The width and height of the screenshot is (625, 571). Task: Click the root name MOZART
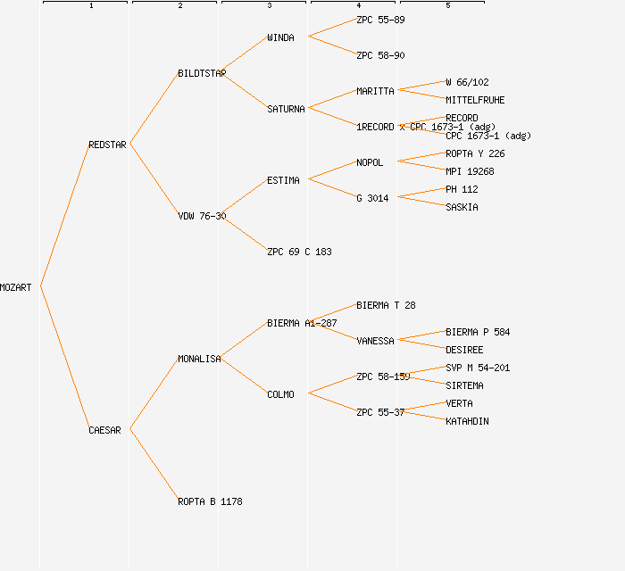16,287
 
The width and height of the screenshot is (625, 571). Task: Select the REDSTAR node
107,145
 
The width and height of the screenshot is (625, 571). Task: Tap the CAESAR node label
104,430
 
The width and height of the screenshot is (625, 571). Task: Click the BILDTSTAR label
202,73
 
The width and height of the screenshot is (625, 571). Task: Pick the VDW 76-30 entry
202,216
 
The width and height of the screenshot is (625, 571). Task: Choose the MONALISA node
199,359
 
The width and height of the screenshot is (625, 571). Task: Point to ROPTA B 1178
210,501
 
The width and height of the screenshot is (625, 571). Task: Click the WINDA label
280,37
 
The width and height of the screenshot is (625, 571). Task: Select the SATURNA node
286,109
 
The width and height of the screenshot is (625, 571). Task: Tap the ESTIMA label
283,180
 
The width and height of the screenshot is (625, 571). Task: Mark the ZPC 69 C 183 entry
299,252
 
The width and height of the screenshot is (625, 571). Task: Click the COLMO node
280,394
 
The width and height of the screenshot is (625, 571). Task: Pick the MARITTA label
375,91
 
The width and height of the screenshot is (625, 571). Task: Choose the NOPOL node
370,162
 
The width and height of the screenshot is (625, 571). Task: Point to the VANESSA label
375,341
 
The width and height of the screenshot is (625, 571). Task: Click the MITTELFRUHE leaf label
475,100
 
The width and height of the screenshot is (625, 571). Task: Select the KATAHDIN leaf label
467,421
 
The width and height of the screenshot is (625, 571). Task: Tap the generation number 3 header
269,6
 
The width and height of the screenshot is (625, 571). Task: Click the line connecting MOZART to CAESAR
63,357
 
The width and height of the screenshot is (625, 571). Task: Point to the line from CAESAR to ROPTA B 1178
154,464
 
